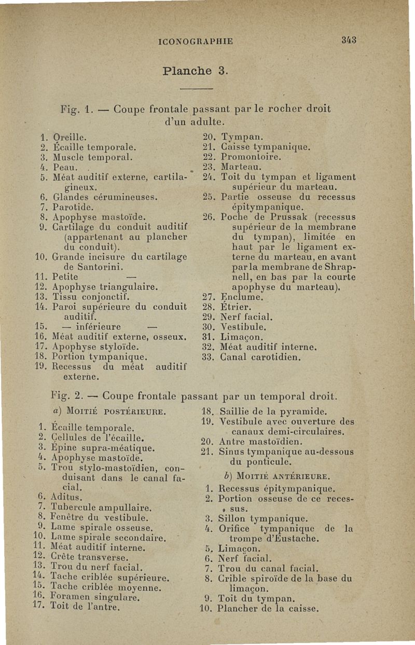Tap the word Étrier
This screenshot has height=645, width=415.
[237, 307]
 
